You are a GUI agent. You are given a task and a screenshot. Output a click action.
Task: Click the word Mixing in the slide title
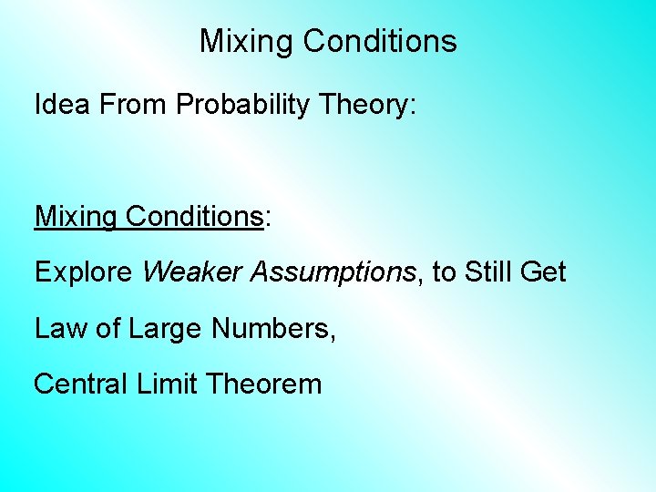pos(238,42)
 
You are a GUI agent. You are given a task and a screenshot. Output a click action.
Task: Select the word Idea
pos(63,105)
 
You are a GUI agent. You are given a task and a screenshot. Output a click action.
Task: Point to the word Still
pos(496,272)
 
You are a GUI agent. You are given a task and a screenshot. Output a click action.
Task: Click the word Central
pos(81,384)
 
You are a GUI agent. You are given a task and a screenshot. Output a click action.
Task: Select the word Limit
pos(167,384)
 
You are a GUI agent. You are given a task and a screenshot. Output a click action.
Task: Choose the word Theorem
pos(264,384)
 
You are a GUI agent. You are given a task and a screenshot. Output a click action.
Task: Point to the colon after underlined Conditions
pos(267,219)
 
